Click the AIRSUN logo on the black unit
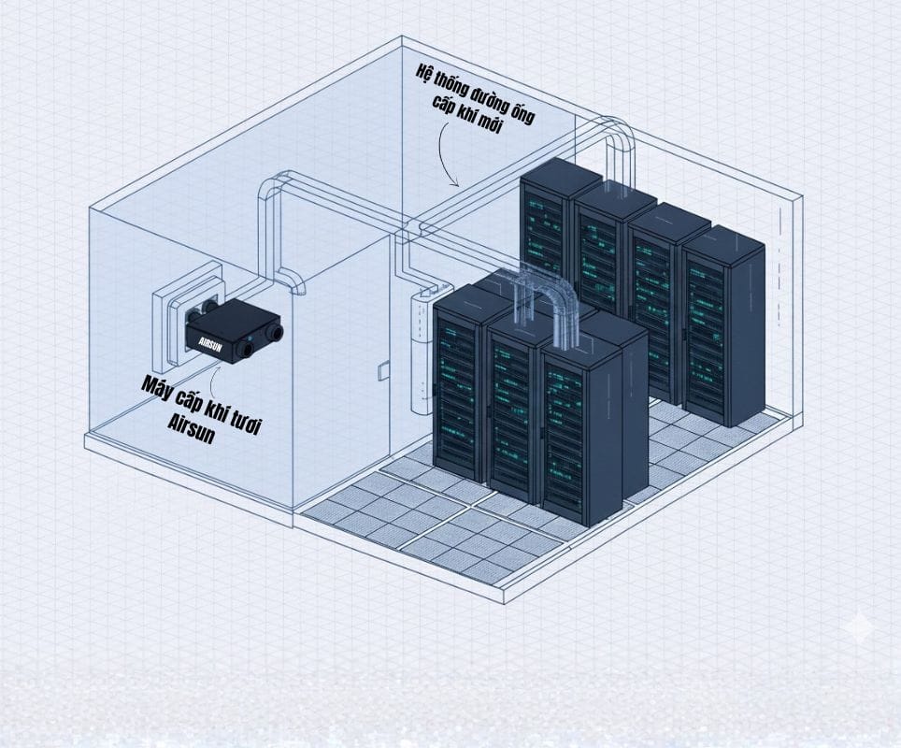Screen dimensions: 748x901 point(204,340)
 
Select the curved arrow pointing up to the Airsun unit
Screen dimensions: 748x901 point(218,374)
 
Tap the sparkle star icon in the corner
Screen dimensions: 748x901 point(856,626)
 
